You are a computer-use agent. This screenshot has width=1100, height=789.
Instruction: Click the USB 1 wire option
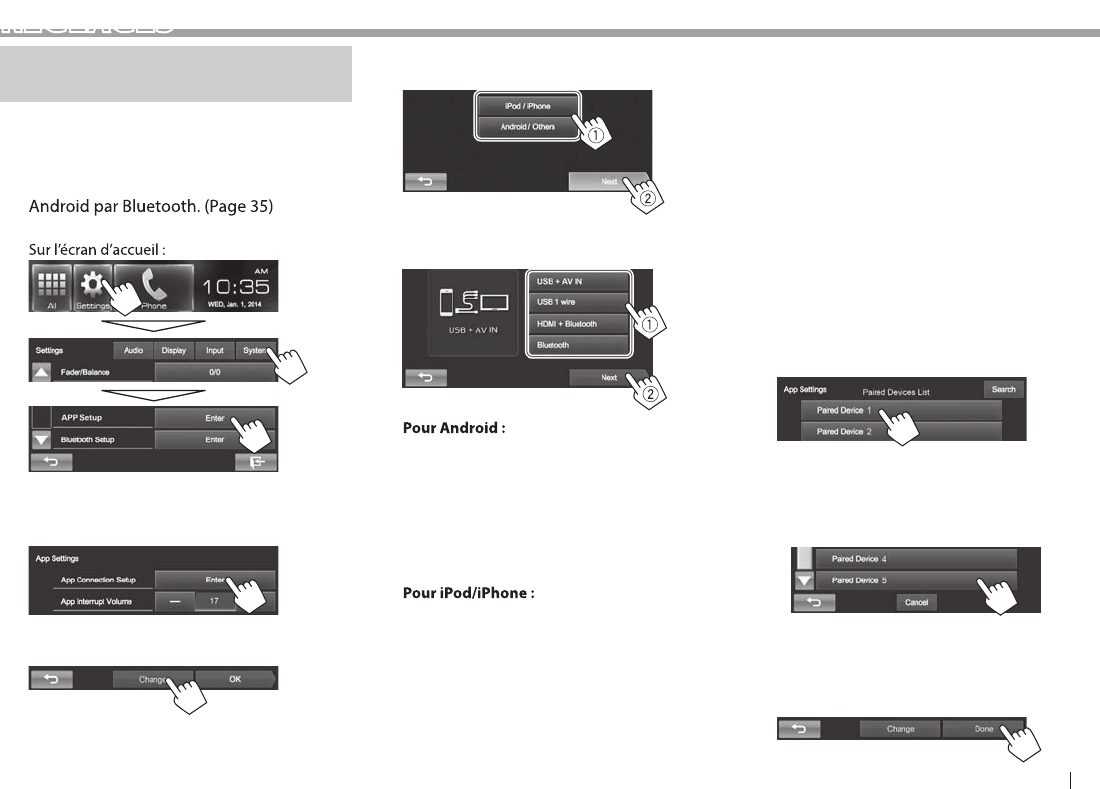[579, 302]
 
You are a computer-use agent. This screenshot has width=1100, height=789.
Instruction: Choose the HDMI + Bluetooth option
[579, 324]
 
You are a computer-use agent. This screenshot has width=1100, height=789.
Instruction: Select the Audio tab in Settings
[133, 351]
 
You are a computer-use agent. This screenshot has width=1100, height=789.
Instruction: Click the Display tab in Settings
[174, 351]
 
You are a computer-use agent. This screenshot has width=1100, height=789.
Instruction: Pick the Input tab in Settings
[214, 351]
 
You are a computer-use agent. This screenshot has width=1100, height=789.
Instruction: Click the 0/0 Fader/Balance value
[214, 371]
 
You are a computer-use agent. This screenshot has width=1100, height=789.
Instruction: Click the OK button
[235, 679]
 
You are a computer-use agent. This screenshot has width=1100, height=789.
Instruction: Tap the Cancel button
[916, 602]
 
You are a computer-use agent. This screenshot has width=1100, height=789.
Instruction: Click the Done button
[983, 729]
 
